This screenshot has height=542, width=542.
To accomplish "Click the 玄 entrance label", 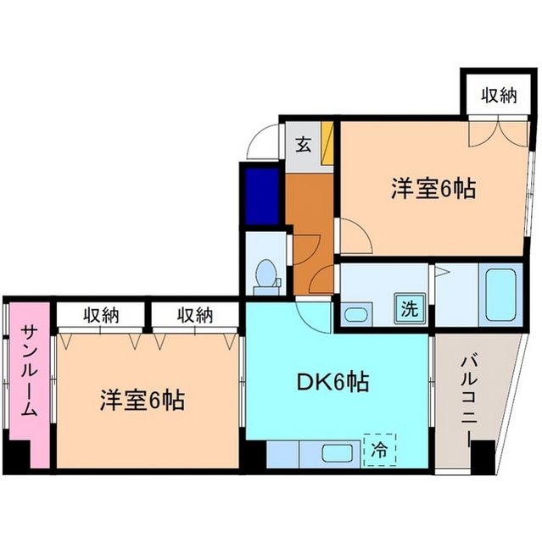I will (x=303, y=144).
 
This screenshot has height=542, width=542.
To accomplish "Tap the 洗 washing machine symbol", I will (x=409, y=309).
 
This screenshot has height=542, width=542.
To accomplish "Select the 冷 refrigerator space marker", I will (x=379, y=450).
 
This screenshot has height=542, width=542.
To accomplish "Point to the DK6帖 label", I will (x=332, y=383).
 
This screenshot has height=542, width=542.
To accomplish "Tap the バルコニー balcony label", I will (x=467, y=397).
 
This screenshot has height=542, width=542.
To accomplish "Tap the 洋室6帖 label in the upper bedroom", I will (x=433, y=188).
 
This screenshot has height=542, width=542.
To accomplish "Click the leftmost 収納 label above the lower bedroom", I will (x=101, y=316).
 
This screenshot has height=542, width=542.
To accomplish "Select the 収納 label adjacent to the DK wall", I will (x=194, y=316).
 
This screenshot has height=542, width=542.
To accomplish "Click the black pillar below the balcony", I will (x=481, y=459).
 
